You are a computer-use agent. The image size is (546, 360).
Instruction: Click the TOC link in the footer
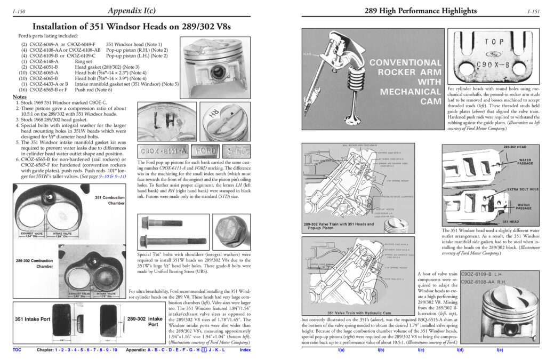(18, 350)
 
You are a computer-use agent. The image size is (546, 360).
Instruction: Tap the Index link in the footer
(245, 350)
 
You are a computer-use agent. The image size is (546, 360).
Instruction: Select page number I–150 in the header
(18, 11)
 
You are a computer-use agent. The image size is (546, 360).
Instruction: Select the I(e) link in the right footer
(500, 350)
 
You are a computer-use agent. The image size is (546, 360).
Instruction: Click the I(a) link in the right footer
(341, 350)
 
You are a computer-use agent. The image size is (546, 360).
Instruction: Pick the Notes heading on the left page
(21, 97)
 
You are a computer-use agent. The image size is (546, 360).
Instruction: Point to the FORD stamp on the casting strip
(204, 151)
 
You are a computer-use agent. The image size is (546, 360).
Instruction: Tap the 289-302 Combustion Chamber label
(34, 263)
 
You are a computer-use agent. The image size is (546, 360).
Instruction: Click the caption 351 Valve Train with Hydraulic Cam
(355, 313)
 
